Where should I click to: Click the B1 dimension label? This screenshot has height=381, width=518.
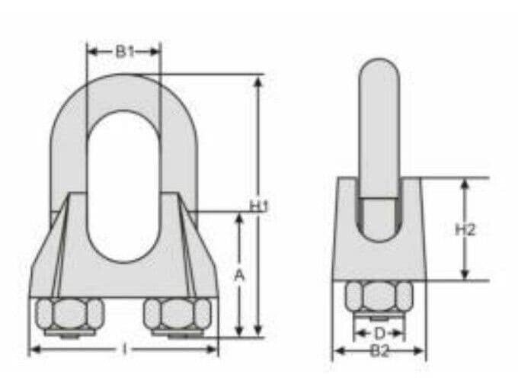(124, 52)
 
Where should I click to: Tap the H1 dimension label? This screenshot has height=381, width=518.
(259, 206)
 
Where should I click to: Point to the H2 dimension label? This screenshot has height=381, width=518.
(465, 229)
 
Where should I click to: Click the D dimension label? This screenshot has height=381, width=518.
(379, 333)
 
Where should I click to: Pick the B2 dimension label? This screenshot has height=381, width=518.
(379, 351)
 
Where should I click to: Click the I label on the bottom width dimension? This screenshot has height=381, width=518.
(124, 350)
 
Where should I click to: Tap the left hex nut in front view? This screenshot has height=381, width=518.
(66, 313)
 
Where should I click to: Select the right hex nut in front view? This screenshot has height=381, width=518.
(177, 313)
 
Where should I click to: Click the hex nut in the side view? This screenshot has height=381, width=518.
(379, 296)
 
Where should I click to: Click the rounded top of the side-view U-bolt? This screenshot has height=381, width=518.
(379, 69)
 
